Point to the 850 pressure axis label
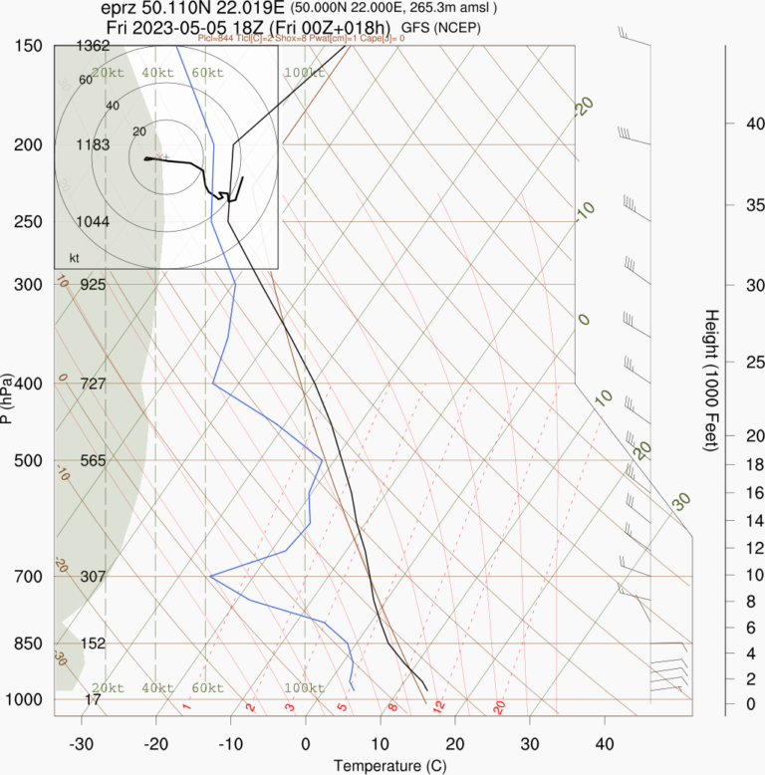point(29,644)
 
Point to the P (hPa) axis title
point(9,398)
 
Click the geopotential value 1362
point(93,46)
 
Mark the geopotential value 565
point(93,460)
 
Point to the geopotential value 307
point(93,576)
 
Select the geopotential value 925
point(93,284)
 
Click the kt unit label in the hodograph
point(74,258)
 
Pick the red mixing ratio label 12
point(438,706)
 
